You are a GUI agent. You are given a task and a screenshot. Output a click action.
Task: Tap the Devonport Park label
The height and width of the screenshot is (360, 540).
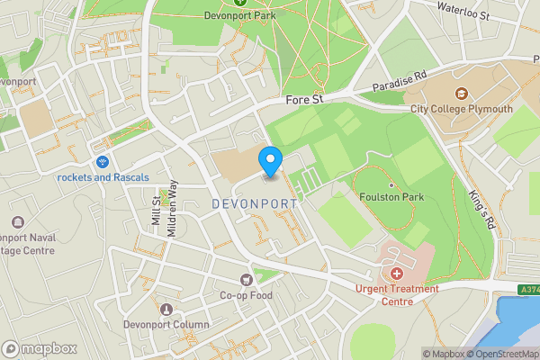(x=239, y=15)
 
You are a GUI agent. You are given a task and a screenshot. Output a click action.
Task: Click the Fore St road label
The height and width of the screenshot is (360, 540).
(x=304, y=101)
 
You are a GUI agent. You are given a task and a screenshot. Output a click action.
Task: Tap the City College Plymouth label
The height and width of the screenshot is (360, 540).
(x=461, y=109)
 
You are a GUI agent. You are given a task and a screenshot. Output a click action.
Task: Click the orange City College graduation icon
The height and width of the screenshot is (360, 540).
(x=461, y=94)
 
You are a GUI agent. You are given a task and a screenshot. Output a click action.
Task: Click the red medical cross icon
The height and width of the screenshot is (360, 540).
(x=397, y=273)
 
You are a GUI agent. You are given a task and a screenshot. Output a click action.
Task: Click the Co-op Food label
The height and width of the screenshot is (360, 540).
(x=246, y=294)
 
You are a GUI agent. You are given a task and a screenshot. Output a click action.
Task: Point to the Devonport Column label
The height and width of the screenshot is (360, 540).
(x=166, y=324)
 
